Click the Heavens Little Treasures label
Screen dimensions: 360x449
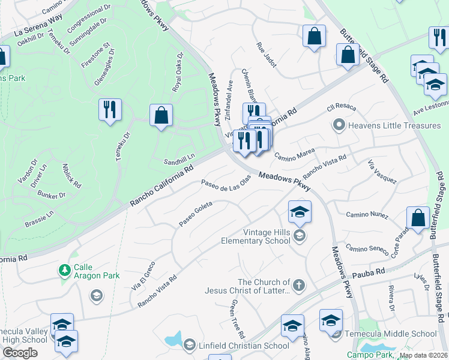click(386, 125)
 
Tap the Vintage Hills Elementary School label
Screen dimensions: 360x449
click(267, 236)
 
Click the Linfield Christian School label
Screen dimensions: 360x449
click(244, 345)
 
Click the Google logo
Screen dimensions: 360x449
click(20, 353)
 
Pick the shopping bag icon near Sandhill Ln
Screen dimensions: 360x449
click(161, 115)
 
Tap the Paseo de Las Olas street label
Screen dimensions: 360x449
click(226, 182)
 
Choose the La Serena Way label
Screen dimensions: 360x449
click(38, 28)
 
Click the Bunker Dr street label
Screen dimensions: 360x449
click(50, 195)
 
